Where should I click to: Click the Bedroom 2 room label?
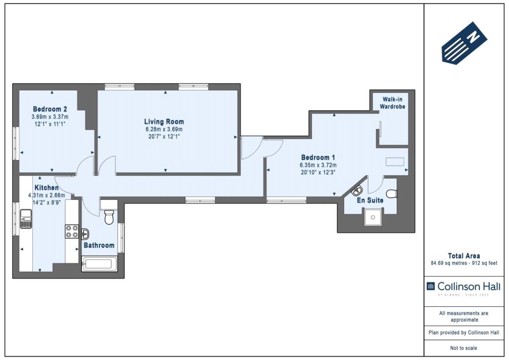pos(50,109)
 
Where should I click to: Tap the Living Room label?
pos(164,122)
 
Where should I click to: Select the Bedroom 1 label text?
pos(318,158)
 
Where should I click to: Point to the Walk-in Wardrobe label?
pos(393,103)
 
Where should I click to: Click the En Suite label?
pos(370,200)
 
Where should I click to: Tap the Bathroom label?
pos(99,246)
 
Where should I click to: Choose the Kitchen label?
pos(46,187)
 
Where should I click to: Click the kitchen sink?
pos(26,219)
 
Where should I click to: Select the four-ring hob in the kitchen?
pos(72,231)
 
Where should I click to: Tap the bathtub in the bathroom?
pos(99,264)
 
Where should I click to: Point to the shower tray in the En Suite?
pos(373,217)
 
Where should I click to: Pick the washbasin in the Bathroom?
pos(85,234)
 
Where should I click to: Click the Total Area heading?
pos(464,256)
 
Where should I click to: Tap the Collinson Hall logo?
pos(463,287)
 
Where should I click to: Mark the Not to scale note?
pos(464,348)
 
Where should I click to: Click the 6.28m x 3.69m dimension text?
pos(164,129)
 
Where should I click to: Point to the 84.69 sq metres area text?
pos(448,263)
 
